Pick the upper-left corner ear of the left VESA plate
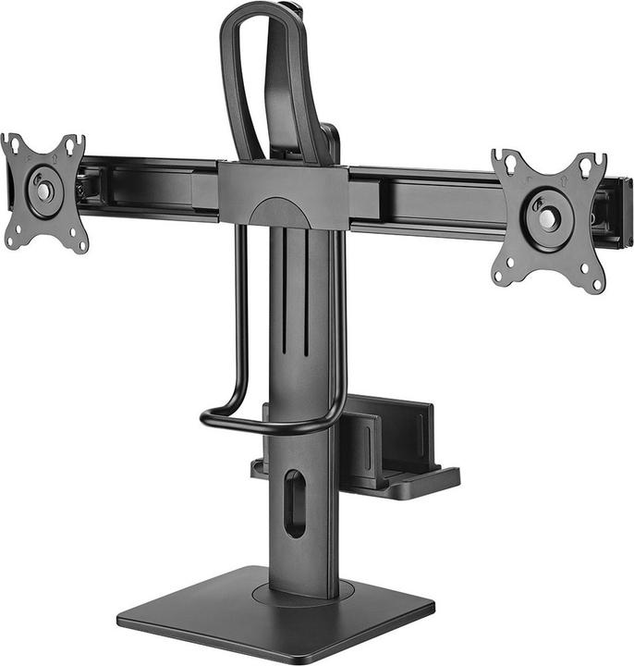pos(11,144)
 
